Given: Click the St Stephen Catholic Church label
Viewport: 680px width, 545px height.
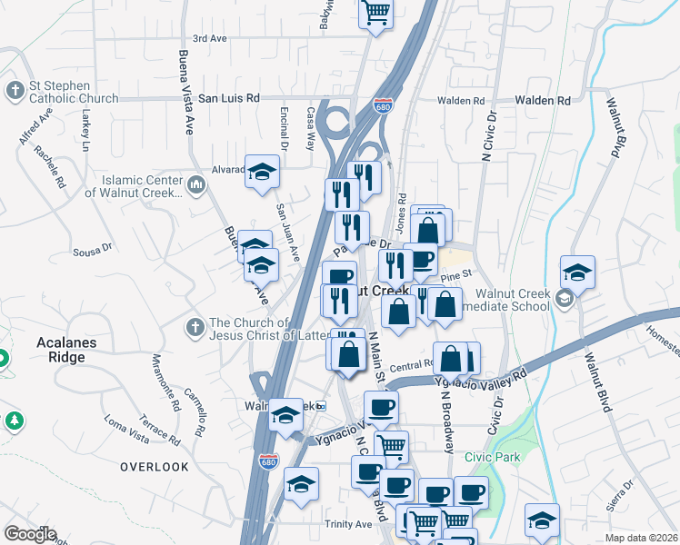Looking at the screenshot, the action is [x=73, y=93].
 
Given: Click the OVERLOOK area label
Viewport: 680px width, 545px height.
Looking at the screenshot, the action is [x=155, y=467].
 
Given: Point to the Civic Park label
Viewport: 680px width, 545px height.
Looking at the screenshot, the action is [x=492, y=457].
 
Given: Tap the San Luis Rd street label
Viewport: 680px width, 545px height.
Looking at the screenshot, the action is [x=229, y=98].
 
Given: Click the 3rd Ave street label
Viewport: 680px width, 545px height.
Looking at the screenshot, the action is [x=209, y=39].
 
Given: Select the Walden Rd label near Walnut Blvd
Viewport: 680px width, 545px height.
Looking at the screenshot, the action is [x=542, y=100].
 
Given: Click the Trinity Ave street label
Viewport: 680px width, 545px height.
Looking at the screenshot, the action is [x=349, y=524].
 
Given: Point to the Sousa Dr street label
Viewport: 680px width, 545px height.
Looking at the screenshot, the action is [x=93, y=247].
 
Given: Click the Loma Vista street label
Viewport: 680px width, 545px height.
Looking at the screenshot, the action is [x=126, y=431].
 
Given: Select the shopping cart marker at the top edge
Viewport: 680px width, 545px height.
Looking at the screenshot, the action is [x=375, y=14].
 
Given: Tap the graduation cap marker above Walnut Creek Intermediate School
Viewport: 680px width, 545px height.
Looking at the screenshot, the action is [x=576, y=271].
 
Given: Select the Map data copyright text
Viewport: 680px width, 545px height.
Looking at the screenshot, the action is [x=642, y=538].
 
